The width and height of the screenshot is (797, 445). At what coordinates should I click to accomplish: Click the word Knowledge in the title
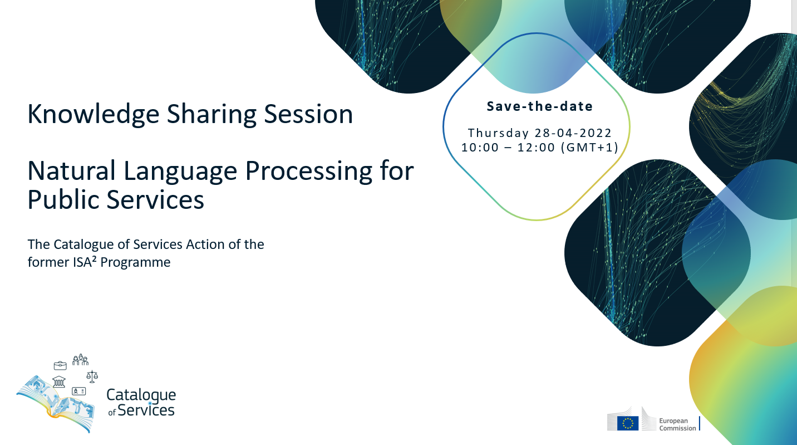(x=93, y=114)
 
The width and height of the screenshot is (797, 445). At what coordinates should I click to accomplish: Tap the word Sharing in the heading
(x=211, y=114)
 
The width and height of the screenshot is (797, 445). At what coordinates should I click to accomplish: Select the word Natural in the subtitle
(x=71, y=171)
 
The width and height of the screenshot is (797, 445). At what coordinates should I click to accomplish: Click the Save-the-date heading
(x=540, y=106)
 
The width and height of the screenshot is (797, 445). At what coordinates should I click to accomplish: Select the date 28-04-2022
(x=573, y=133)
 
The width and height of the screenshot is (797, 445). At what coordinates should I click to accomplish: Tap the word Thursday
(x=498, y=133)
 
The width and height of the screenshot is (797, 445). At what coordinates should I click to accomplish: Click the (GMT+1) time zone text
(x=589, y=147)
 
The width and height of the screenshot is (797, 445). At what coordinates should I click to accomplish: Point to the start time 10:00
(x=480, y=148)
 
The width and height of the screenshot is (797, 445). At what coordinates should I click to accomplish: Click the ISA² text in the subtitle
(x=85, y=262)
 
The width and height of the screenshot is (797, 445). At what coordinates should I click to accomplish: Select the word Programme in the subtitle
(x=135, y=262)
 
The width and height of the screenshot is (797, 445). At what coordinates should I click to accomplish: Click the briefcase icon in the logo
(x=60, y=365)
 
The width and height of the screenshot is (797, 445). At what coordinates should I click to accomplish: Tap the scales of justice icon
(x=92, y=376)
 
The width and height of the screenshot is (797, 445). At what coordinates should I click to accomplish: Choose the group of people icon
(x=80, y=360)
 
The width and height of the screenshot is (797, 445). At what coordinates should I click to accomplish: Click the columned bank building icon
(x=59, y=382)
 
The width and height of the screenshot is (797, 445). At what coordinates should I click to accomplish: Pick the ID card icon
(x=78, y=391)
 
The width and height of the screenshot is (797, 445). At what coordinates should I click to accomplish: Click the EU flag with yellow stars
(x=628, y=423)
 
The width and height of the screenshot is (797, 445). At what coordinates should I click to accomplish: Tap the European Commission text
(x=677, y=424)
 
